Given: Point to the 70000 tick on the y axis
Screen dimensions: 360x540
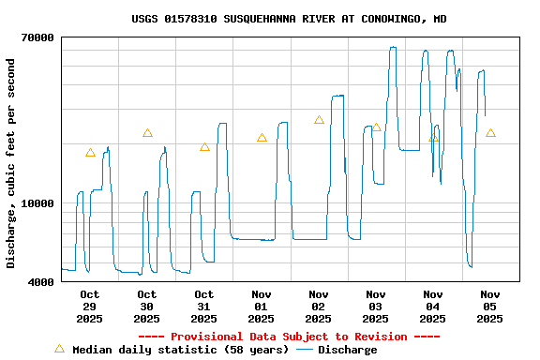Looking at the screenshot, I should tap(37, 37).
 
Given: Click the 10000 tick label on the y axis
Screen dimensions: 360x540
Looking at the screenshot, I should tap(37, 203).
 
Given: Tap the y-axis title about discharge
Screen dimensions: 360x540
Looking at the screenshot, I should tap(11, 163).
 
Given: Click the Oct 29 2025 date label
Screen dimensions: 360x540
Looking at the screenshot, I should tap(90, 307).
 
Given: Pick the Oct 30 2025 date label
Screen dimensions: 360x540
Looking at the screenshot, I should tap(147, 307).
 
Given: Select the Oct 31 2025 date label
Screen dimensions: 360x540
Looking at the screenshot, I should tap(204, 307).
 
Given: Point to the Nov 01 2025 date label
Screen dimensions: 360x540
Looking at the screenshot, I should tap(262, 307).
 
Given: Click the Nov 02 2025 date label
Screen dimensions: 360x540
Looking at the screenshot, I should tap(319, 307).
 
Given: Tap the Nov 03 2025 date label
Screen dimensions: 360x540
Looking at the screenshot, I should tap(376, 307).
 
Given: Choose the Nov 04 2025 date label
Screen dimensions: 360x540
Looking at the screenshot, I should tap(433, 307).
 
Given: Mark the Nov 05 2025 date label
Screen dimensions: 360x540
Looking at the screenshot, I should tap(490, 307).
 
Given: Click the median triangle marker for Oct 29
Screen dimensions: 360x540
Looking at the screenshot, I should tap(90, 153).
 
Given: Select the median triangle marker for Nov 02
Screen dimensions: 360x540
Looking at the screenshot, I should tap(319, 120).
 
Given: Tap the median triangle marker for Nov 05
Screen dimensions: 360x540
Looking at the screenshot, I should tap(490, 133).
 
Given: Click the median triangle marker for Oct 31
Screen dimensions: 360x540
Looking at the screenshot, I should tap(204, 147).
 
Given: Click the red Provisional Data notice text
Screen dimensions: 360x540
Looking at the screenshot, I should tap(289, 337).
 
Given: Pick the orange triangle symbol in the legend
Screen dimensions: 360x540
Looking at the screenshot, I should tap(59, 349).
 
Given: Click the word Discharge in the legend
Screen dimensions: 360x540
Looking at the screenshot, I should tap(347, 350).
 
